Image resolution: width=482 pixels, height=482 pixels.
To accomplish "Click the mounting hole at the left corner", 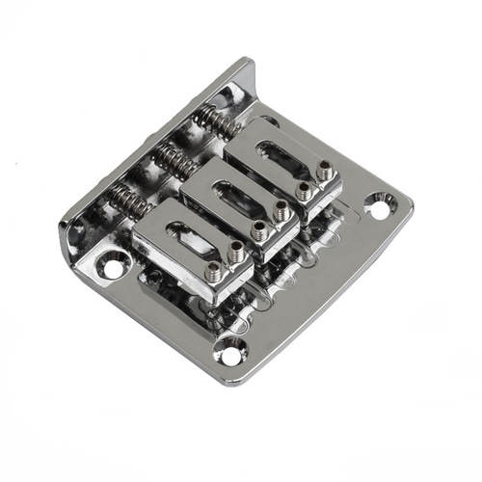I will [114, 261].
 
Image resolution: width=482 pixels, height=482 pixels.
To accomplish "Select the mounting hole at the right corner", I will [380, 203].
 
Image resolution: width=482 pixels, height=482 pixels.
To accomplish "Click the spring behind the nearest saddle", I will [128, 200].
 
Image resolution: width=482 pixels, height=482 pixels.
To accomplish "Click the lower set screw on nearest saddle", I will [214, 275].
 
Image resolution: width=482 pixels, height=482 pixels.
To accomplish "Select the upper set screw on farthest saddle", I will [325, 171].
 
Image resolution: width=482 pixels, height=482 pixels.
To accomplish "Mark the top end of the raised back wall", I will [246, 66].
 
